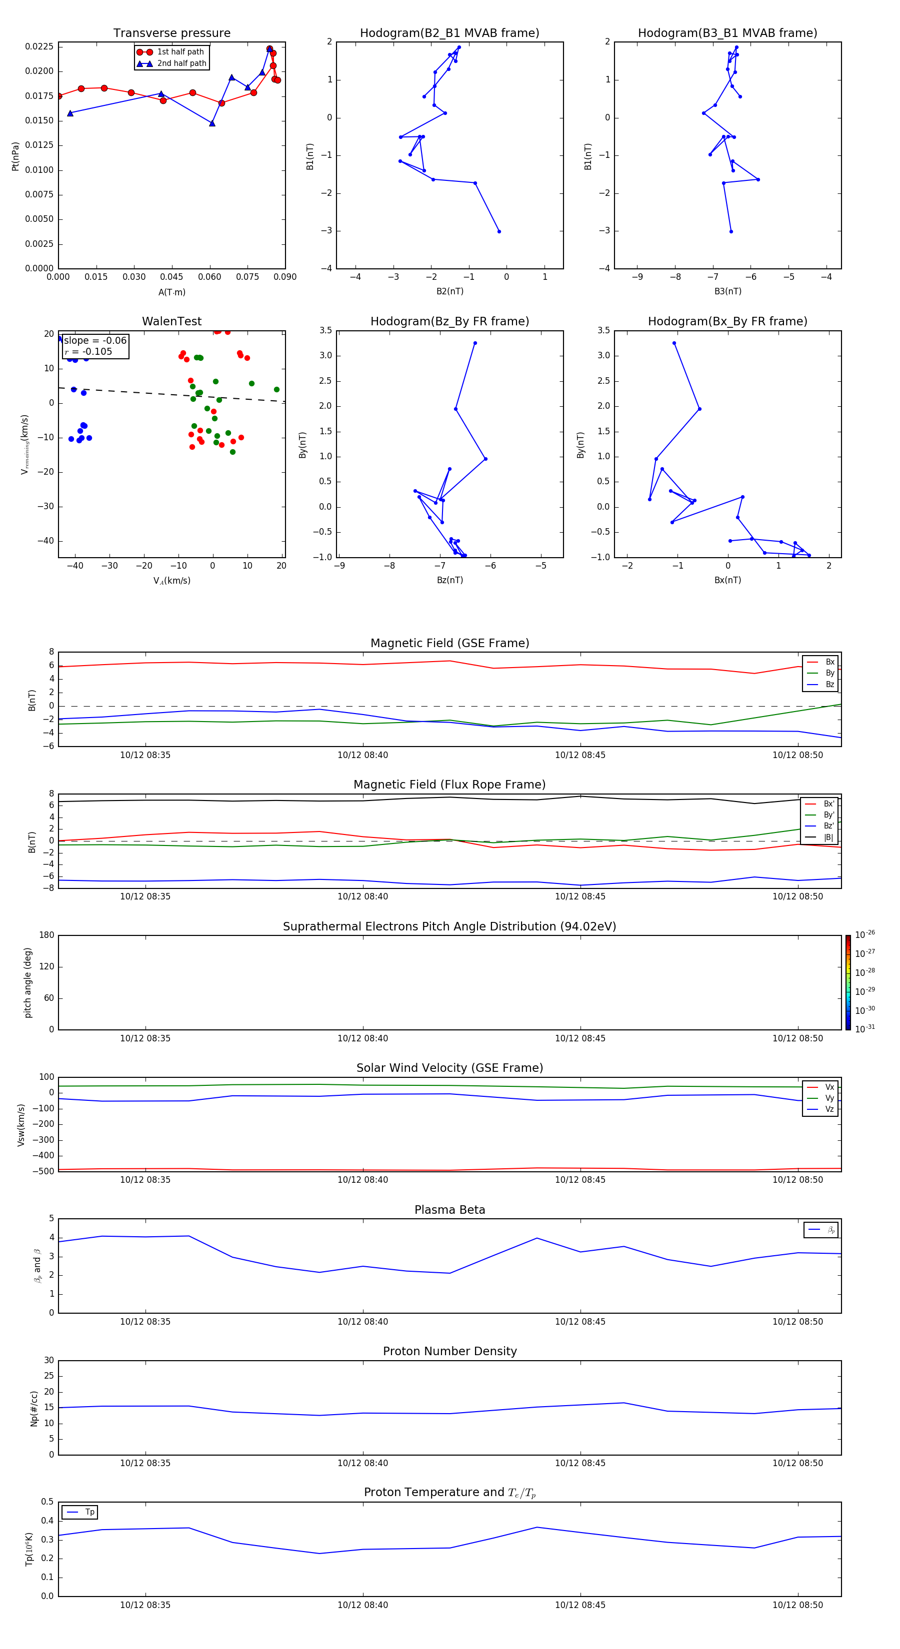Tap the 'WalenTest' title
pos(171,321)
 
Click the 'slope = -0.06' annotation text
pos(95,341)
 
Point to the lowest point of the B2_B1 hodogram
pos(499,231)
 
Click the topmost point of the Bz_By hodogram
pos(474,343)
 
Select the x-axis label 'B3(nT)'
pos(727,291)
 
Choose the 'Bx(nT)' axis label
pos(727,580)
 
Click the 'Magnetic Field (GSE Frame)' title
pos(449,643)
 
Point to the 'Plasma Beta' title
pos(449,1210)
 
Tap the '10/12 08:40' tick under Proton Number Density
pos(362,1463)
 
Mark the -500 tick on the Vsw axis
pos(45,1171)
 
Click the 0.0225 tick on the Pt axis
pos(39,47)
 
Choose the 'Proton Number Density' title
pos(449,1351)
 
